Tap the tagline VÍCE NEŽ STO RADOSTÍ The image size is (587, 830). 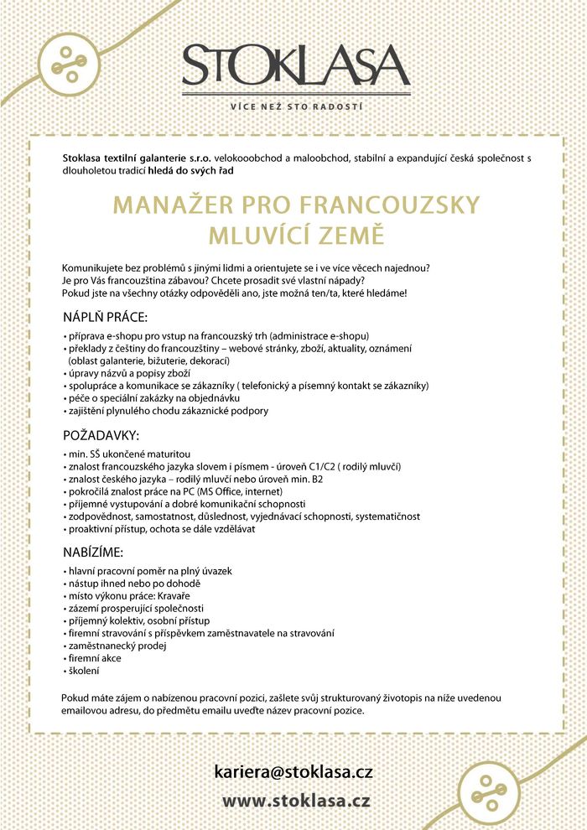click(296, 106)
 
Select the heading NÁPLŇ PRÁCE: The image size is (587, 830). click(106, 319)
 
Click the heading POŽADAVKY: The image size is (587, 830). click(101, 436)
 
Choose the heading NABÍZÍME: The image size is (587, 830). click(93, 553)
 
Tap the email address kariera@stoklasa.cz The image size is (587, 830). click(293, 772)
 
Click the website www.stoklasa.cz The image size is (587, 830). click(296, 801)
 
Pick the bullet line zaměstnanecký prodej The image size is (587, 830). click(117, 646)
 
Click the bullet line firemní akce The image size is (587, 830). click(94, 658)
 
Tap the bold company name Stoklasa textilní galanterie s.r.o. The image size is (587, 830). click(138, 158)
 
